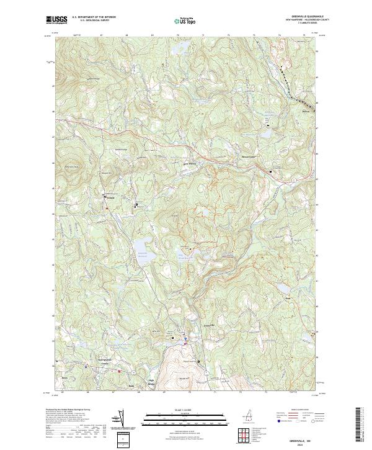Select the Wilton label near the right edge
click(305, 112)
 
